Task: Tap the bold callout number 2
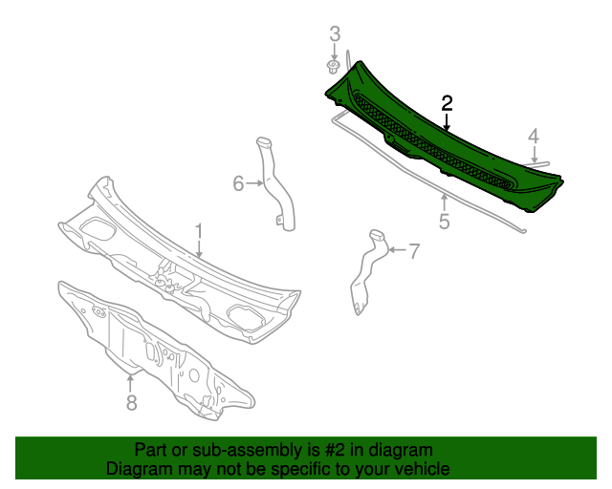(447, 103)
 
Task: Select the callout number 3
(335, 34)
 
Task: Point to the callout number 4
(534, 137)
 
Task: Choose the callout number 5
(444, 222)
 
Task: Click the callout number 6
(238, 183)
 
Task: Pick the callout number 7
(414, 251)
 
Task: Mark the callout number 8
(132, 402)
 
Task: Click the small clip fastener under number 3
(332, 68)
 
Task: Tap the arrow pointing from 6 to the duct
(255, 182)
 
